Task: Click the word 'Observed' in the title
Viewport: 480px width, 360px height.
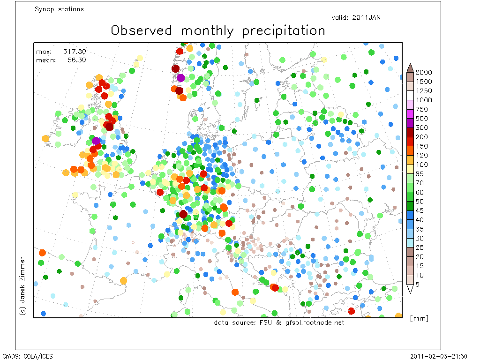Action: coord(141,30)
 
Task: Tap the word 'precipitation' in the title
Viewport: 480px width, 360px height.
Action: coord(284,31)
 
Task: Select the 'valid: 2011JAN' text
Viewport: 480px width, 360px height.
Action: coord(356,17)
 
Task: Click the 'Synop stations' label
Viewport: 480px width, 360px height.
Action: coord(59,9)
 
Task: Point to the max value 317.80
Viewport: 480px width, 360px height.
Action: coord(75,52)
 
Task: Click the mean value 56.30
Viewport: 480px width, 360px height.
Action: coord(76,60)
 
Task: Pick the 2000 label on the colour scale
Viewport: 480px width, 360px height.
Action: coord(424,72)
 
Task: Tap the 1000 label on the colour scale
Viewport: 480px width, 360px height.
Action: coord(424,100)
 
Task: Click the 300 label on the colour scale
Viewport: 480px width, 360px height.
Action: coord(421,127)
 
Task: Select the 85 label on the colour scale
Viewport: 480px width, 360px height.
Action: coord(420,174)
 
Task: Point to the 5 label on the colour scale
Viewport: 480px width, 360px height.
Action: coord(417,285)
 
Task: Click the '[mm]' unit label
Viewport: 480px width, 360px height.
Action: coord(419,318)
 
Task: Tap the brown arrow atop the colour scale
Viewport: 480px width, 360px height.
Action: coord(410,68)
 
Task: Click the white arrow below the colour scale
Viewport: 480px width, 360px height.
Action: coord(410,288)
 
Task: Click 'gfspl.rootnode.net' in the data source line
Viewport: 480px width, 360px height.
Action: coord(315,322)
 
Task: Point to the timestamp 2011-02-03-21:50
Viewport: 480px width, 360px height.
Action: coord(439,356)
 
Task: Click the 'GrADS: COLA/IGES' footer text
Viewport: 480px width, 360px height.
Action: coord(28,356)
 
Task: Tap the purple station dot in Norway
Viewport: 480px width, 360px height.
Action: coord(180,78)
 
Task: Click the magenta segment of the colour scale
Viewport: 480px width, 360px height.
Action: coord(410,114)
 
